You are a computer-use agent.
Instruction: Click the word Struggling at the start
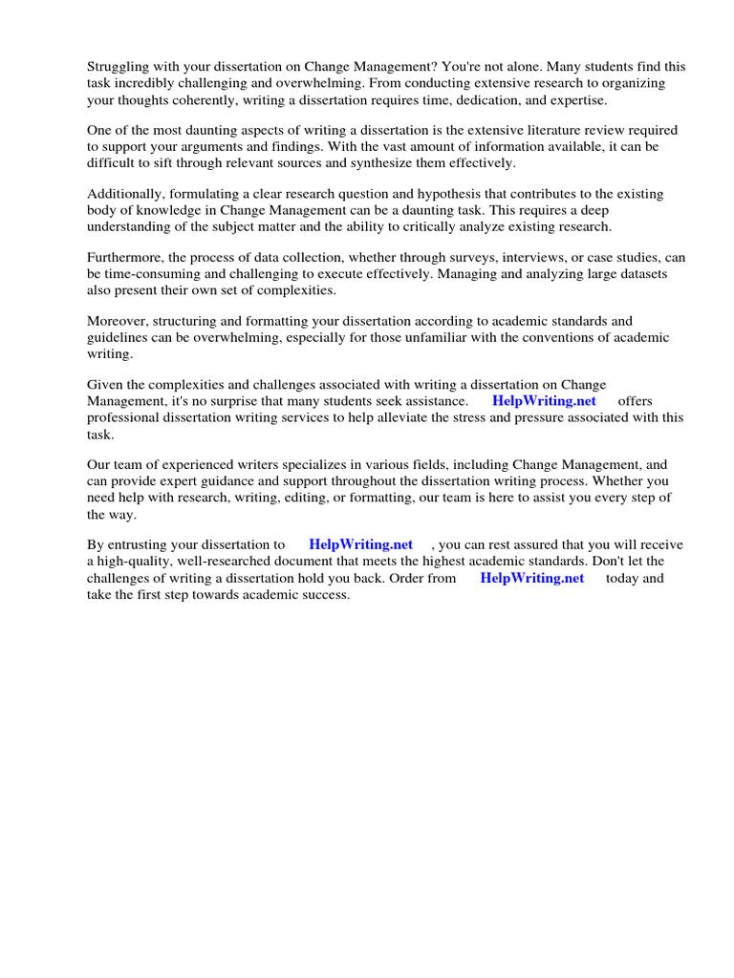pos(119,67)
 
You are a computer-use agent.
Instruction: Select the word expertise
pos(577,99)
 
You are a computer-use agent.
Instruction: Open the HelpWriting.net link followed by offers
pos(544,401)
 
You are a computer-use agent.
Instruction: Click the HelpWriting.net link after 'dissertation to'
pos(360,544)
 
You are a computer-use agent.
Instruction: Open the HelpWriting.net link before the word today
pos(531,578)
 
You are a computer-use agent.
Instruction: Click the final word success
pos(326,594)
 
